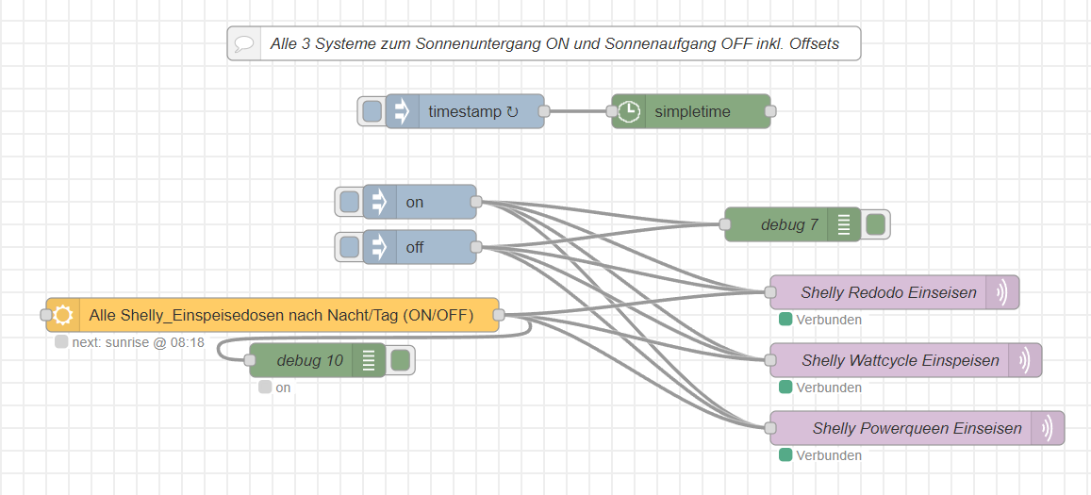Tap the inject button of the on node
coord(349,202)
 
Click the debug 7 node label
coord(788,224)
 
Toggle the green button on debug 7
coord(875,224)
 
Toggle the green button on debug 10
coord(400,360)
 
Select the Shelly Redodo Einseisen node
coord(887,292)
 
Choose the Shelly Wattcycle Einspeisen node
coord(900,360)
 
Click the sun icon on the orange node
coord(63,315)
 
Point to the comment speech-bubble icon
coord(244,43)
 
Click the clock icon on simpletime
coord(629,111)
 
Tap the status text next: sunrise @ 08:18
coord(138,342)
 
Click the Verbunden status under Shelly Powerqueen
coord(828,455)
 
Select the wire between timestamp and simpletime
coord(578,111)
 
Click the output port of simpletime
coord(770,111)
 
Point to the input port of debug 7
coord(724,224)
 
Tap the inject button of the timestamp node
coord(372,111)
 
